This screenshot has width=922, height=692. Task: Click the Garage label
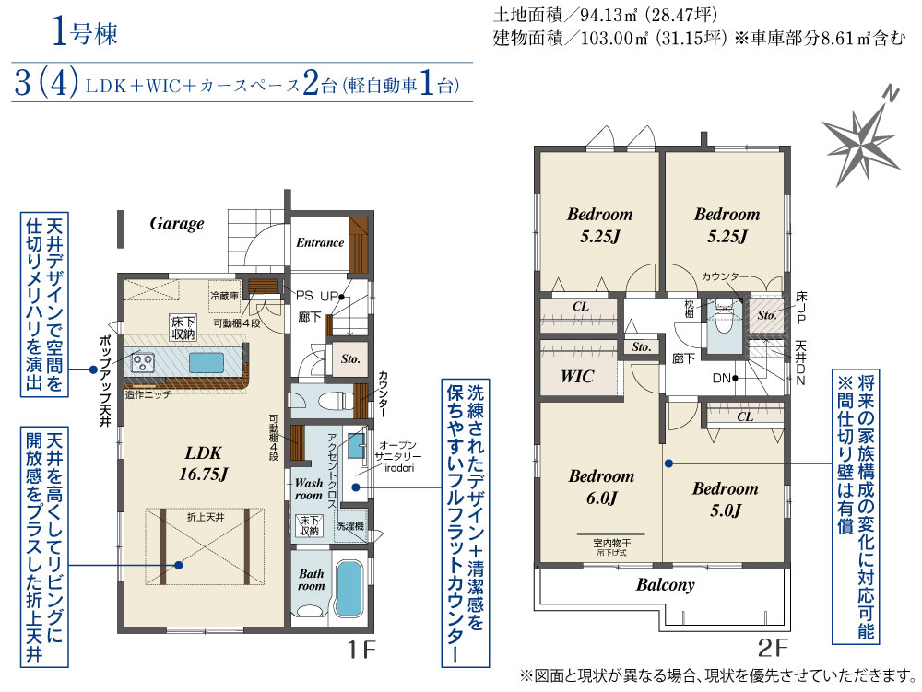pyautogui.click(x=177, y=223)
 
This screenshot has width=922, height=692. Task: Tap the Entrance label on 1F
pyautogui.click(x=320, y=242)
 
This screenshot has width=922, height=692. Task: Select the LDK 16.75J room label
pyautogui.click(x=204, y=463)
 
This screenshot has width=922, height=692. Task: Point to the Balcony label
pyautogui.click(x=665, y=584)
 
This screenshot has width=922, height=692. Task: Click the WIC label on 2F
pyautogui.click(x=577, y=376)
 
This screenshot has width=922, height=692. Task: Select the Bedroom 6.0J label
pyautogui.click(x=601, y=487)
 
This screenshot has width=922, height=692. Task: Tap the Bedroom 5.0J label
pyautogui.click(x=726, y=499)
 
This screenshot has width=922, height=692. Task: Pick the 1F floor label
pyautogui.click(x=361, y=650)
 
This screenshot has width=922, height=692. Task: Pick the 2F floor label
pyautogui.click(x=772, y=648)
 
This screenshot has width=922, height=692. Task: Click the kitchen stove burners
pyautogui.click(x=142, y=361)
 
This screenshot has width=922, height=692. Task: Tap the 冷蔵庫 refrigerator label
pyautogui.click(x=225, y=296)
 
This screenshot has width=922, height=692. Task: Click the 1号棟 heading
pyautogui.click(x=85, y=31)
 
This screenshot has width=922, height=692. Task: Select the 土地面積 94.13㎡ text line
pyautogui.click(x=605, y=14)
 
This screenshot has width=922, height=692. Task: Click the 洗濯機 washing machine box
pyautogui.click(x=350, y=526)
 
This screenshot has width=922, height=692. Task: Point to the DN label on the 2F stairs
pyautogui.click(x=722, y=379)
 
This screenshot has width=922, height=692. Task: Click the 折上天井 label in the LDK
pyautogui.click(x=206, y=517)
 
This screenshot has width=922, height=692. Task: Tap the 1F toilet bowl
pyautogui.click(x=332, y=401)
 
